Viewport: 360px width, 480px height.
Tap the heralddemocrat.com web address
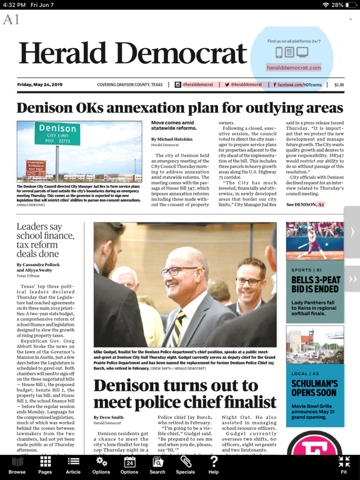(293, 67)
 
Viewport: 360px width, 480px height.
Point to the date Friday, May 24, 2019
(40, 84)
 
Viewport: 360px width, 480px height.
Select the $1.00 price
(339, 84)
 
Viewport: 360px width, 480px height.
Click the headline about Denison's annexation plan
(179, 107)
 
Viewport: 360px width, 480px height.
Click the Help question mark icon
(213, 463)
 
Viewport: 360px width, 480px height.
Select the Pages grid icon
(45, 463)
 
